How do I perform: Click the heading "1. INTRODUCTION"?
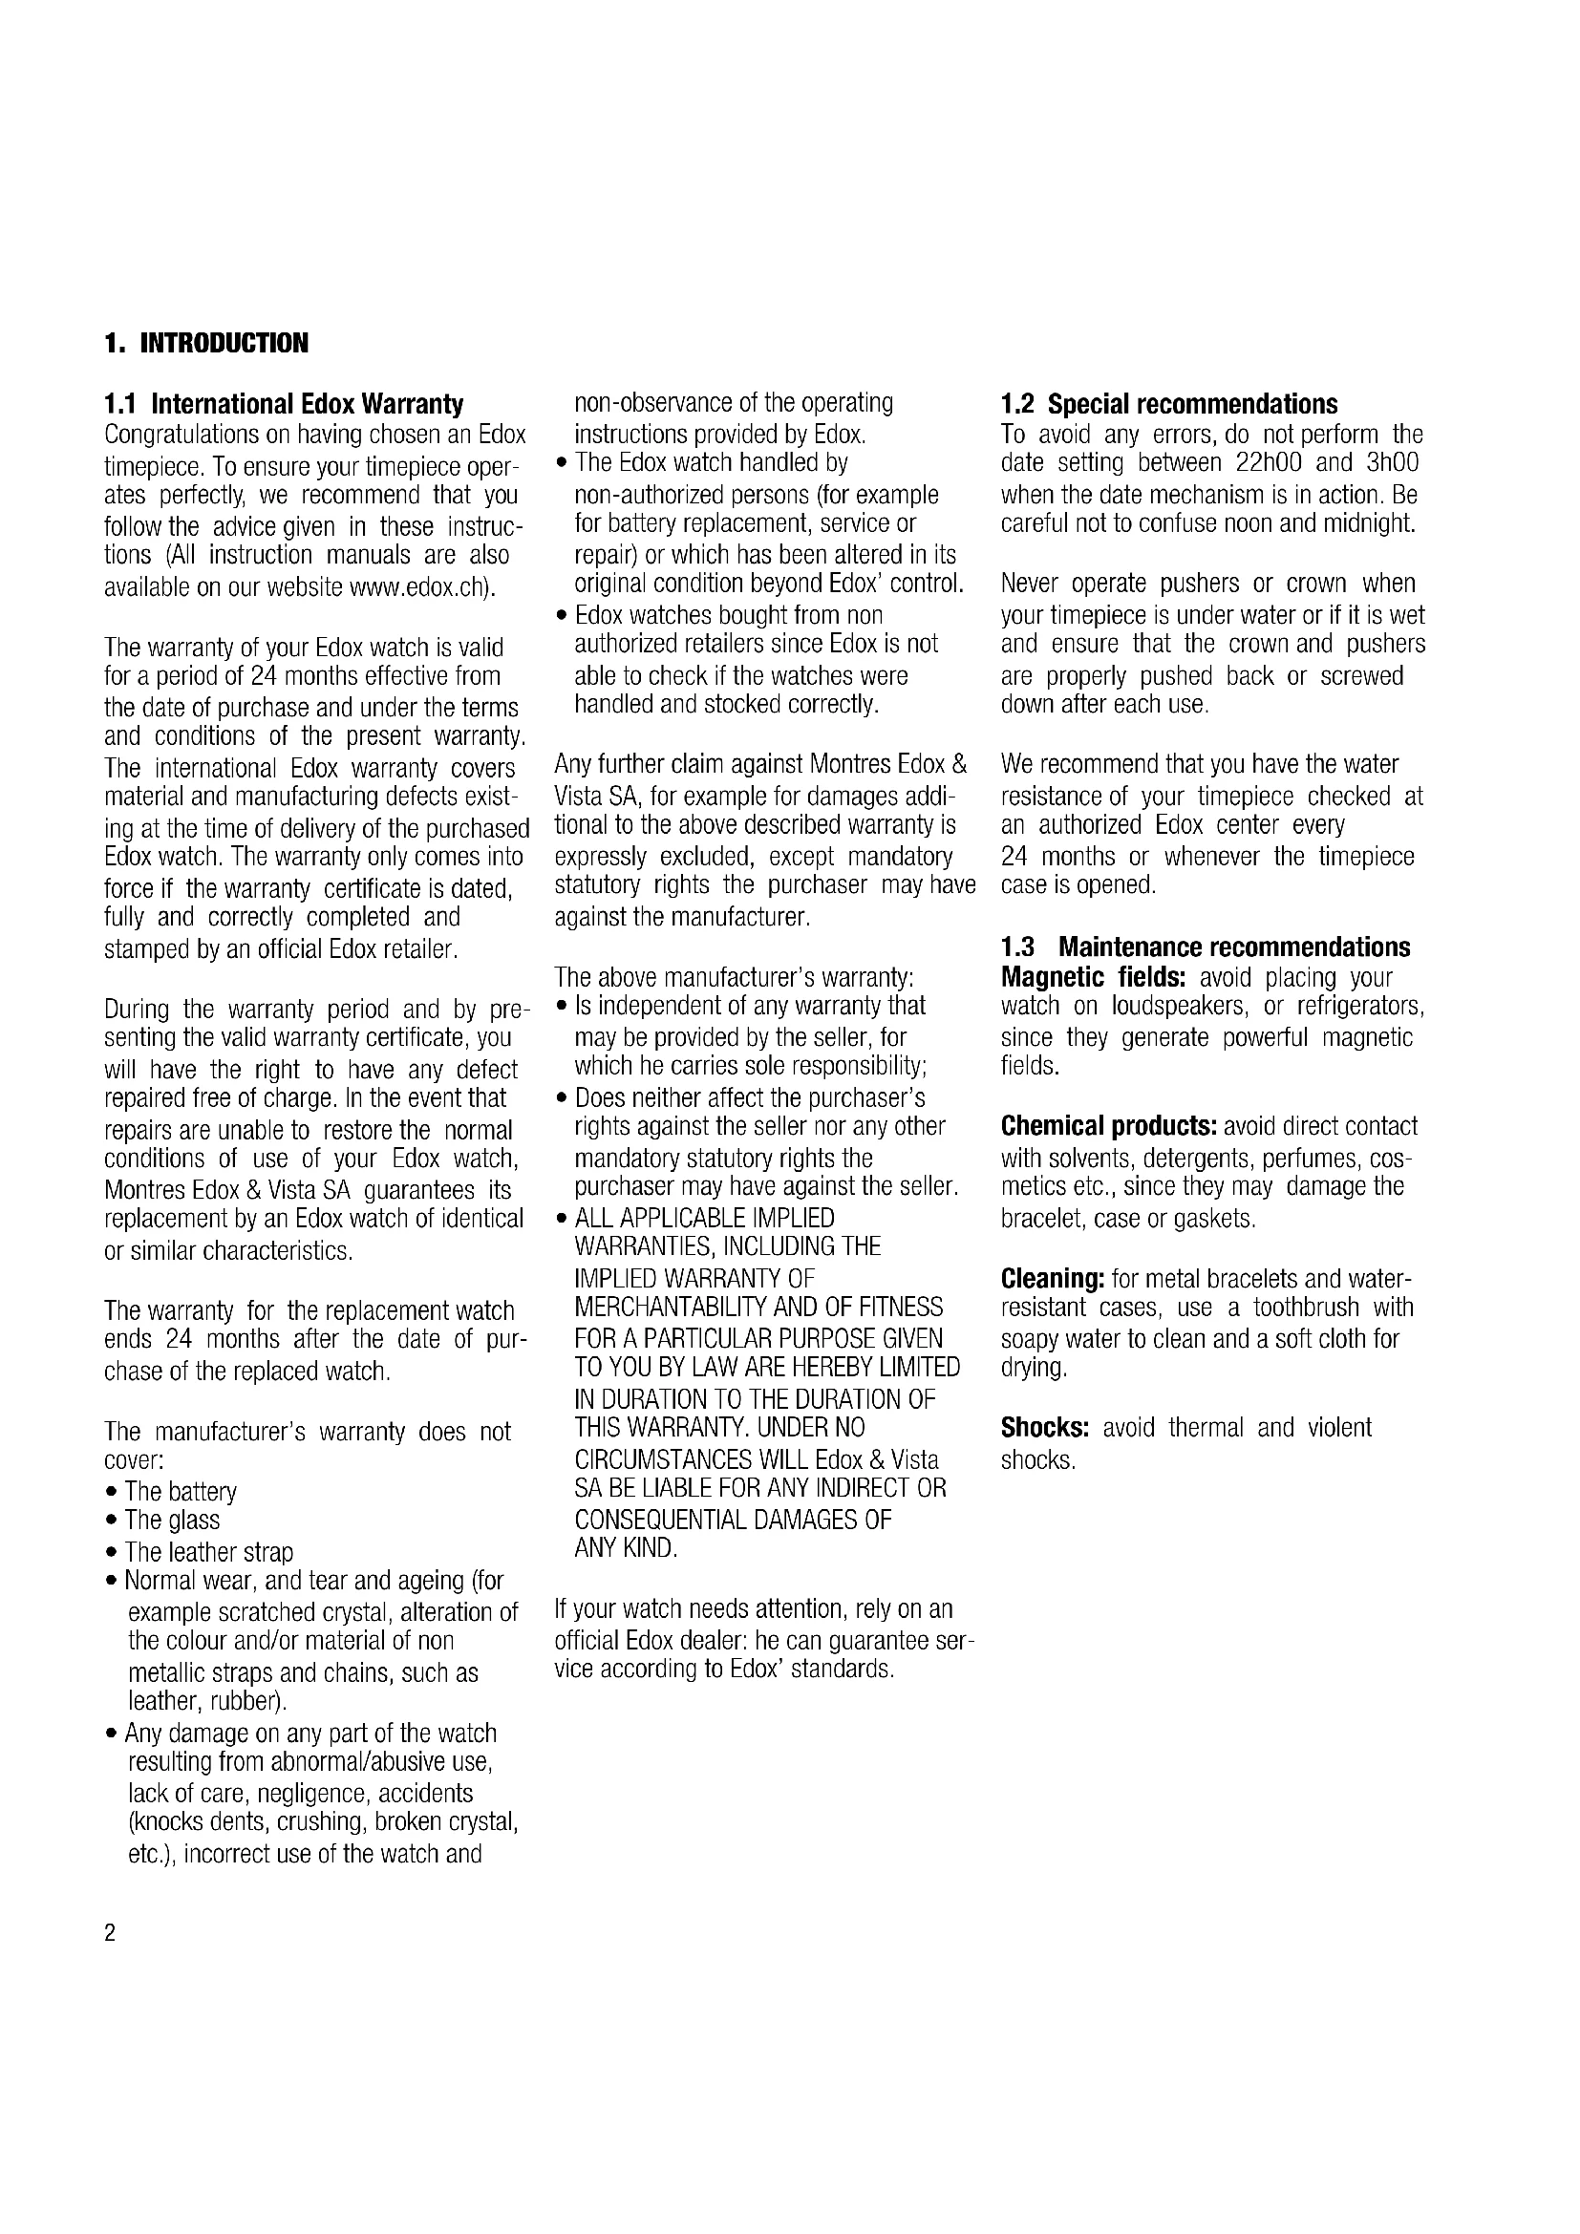206,344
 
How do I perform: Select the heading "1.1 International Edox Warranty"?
283,404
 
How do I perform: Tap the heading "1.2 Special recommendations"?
1169,404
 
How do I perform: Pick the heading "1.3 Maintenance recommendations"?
1206,947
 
